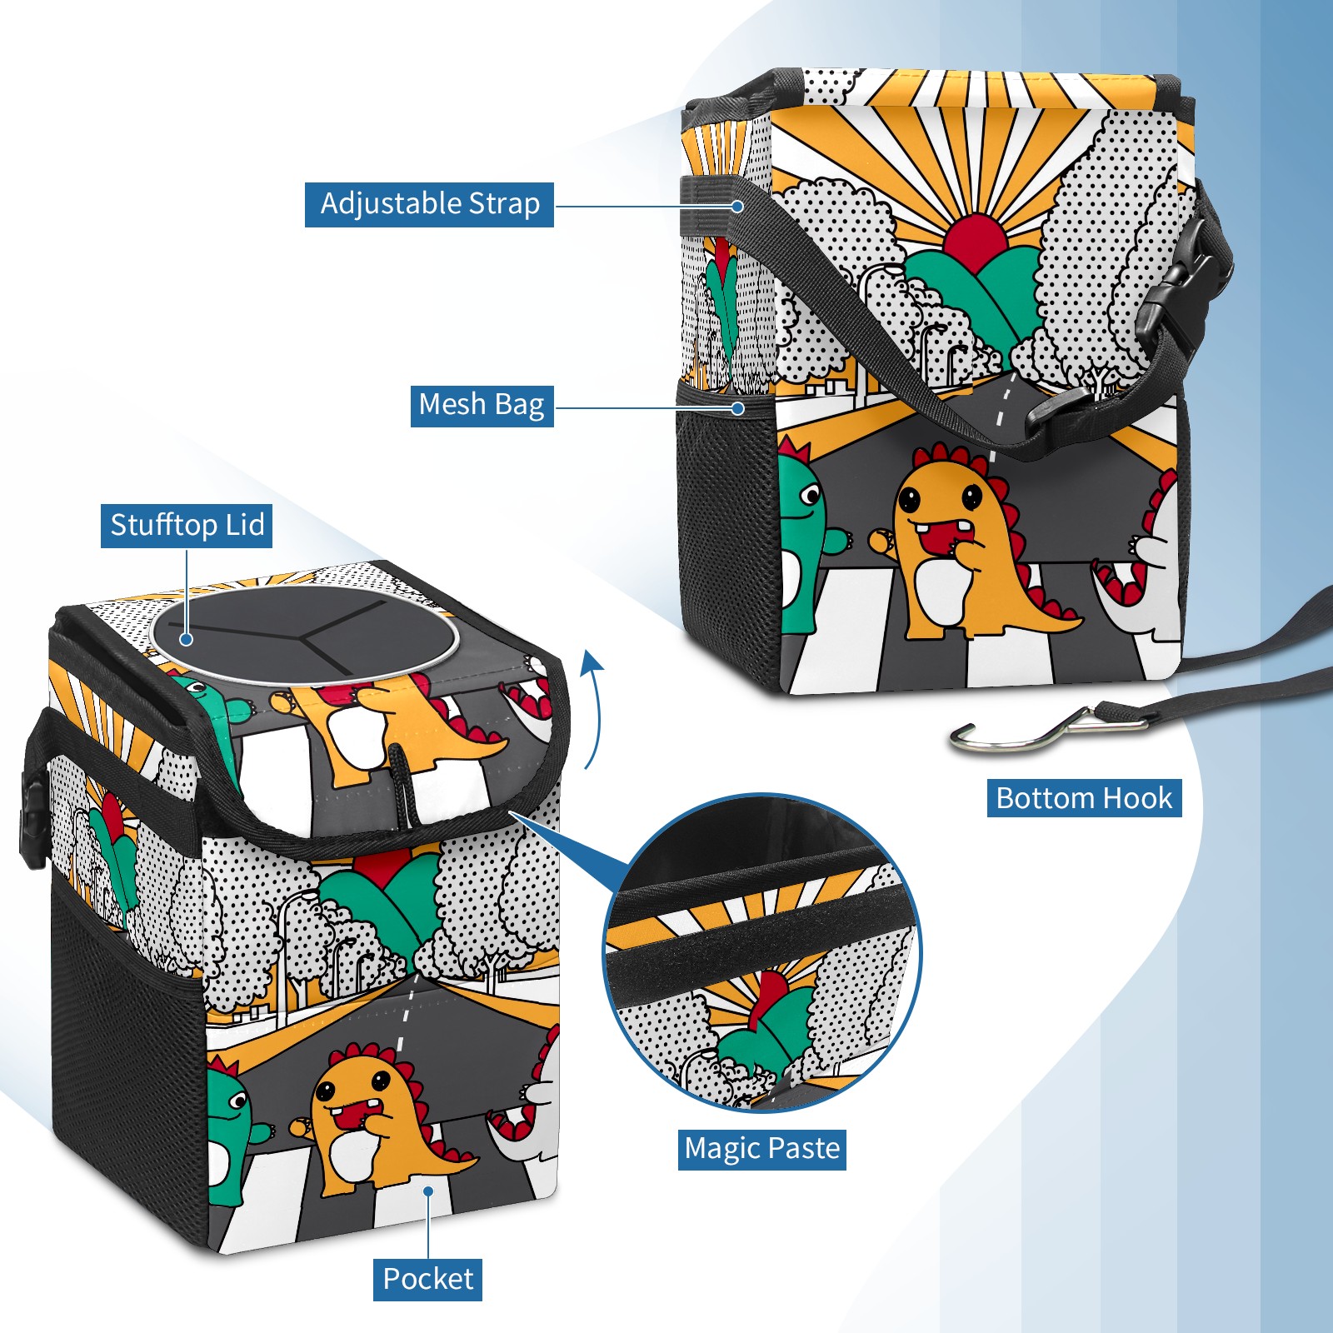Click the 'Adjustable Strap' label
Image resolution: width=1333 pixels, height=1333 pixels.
click(x=429, y=204)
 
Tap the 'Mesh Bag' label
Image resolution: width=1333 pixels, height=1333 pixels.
click(x=482, y=405)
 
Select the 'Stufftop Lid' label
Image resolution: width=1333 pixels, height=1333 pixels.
click(x=187, y=526)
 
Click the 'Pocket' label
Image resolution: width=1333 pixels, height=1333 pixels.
click(x=427, y=1279)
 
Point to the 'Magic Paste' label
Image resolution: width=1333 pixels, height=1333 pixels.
click(x=761, y=1149)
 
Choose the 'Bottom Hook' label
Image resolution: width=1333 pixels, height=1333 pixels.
click(x=1084, y=798)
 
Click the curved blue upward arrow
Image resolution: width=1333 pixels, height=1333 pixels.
click(x=592, y=708)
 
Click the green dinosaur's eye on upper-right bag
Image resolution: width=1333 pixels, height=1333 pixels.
click(x=811, y=497)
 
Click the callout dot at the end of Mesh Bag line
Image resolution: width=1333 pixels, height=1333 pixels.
click(x=738, y=408)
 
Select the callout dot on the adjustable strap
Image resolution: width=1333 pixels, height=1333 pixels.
click(x=738, y=206)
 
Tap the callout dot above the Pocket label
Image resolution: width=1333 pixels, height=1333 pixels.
click(x=428, y=1191)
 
